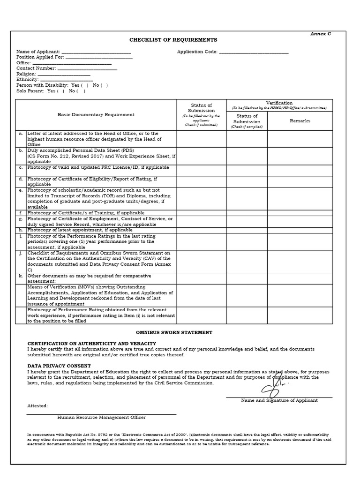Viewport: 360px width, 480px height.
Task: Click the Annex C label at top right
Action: click(x=321, y=34)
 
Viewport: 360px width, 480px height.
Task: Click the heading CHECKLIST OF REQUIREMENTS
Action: click(x=173, y=40)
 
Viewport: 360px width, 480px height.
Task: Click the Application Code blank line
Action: click(x=254, y=52)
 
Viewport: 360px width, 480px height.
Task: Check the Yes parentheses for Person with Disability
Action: click(x=85, y=85)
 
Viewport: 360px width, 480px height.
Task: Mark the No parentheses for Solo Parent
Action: click(x=81, y=91)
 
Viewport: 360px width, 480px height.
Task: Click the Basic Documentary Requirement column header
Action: click(x=96, y=114)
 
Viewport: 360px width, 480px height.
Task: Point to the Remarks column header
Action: click(x=300, y=121)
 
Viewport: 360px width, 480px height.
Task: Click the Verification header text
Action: click(x=279, y=103)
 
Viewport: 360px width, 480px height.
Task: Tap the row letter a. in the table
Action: click(x=21, y=134)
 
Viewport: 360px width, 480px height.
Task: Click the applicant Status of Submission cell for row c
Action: click(x=201, y=170)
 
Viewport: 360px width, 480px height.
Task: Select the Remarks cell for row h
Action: click(x=300, y=230)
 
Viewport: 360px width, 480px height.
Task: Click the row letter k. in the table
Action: click(x=21, y=276)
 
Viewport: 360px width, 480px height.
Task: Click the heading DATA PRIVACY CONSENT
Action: click(x=59, y=366)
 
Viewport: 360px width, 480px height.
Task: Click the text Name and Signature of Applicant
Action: click(x=279, y=400)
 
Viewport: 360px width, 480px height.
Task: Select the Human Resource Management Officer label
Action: click(x=101, y=417)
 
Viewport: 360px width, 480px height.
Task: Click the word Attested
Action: click(x=37, y=406)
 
